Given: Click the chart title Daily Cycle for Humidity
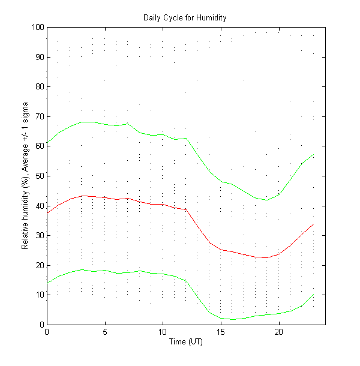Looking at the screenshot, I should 185,17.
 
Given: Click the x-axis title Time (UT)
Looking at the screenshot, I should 185,341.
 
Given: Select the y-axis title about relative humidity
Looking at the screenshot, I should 26,176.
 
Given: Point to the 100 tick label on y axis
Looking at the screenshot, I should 37,28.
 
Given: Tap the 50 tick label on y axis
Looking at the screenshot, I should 39,176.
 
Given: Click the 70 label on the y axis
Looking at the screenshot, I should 39,116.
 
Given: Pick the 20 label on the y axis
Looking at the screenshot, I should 39,265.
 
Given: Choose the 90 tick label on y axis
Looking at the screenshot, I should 39,57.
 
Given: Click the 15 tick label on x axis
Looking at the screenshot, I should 221,332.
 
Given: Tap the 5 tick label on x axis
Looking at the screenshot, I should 105,332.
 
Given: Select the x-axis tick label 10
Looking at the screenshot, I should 163,332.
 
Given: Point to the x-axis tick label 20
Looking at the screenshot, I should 278,332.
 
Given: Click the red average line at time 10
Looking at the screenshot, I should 163,204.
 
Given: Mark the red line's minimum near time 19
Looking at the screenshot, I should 267,257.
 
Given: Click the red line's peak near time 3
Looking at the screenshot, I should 82,196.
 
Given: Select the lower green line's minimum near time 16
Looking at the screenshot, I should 232,319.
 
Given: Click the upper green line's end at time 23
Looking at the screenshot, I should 313,155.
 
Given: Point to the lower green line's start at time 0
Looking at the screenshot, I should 47,283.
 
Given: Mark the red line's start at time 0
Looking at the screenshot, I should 47,213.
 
